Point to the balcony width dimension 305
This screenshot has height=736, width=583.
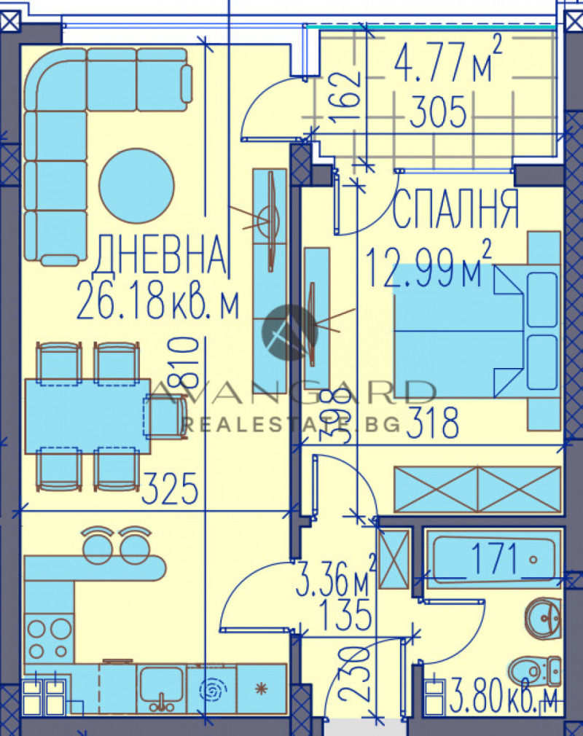click(x=437, y=113)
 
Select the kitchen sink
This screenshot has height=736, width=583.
click(x=161, y=688)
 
